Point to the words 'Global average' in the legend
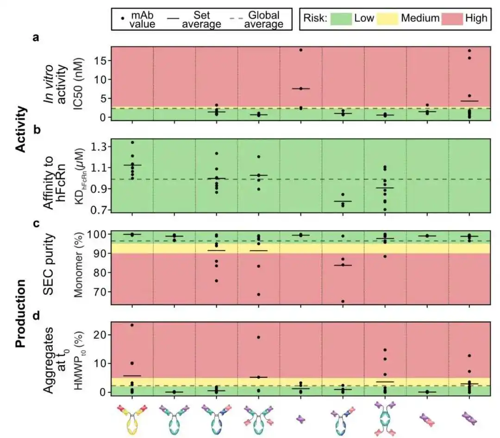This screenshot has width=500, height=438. [259, 19]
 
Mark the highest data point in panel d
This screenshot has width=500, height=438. [132, 325]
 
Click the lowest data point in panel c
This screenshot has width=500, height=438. [343, 301]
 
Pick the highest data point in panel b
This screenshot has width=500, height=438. [132, 142]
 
